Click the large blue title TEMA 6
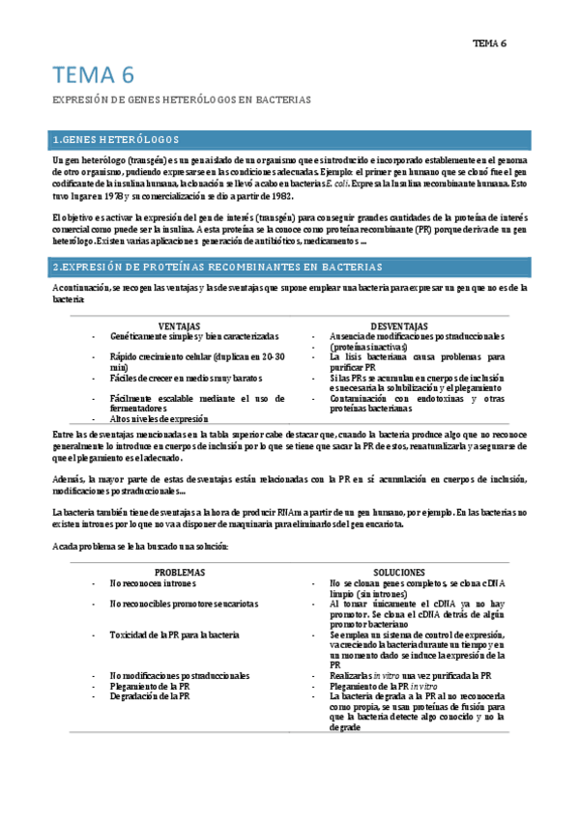[x=93, y=75]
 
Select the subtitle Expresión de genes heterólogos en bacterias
[x=181, y=99]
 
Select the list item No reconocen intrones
[x=153, y=584]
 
